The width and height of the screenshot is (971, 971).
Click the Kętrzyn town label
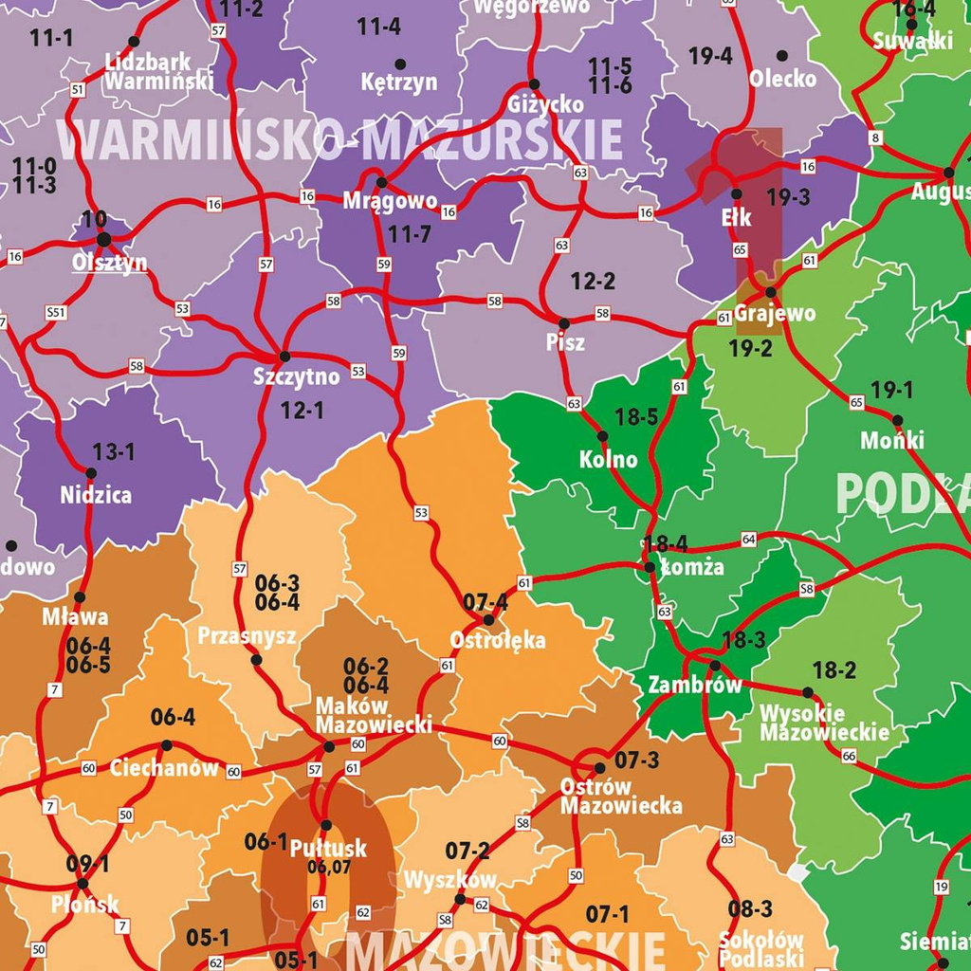pyautogui.click(x=399, y=82)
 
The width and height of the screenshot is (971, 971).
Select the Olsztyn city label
pyautogui.click(x=110, y=262)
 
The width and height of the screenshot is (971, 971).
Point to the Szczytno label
pyautogui.click(x=296, y=376)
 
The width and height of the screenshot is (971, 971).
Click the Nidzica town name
pyautogui.click(x=96, y=495)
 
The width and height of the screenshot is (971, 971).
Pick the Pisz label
pyautogui.click(x=565, y=342)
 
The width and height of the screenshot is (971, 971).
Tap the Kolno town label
pyautogui.click(x=609, y=460)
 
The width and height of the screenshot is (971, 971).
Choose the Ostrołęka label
pyautogui.click(x=498, y=640)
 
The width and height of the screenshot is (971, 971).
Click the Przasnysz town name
pyautogui.click(x=247, y=635)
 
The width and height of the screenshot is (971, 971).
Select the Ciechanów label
pyautogui.click(x=164, y=767)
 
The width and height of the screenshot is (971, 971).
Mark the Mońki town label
pyautogui.click(x=892, y=441)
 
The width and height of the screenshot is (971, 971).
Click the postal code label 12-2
pyautogui.click(x=594, y=282)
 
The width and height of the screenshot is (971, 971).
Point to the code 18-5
pyautogui.click(x=636, y=416)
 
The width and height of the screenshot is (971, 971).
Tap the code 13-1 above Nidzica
pyautogui.click(x=113, y=452)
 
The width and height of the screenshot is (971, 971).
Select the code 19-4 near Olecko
pyautogui.click(x=710, y=57)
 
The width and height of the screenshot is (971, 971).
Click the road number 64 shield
pyautogui.click(x=749, y=540)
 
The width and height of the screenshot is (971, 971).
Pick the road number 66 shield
pyautogui.click(x=849, y=756)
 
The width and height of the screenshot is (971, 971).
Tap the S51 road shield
pyautogui.click(x=56, y=312)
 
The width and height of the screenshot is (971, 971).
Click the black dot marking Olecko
pyautogui.click(x=782, y=56)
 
